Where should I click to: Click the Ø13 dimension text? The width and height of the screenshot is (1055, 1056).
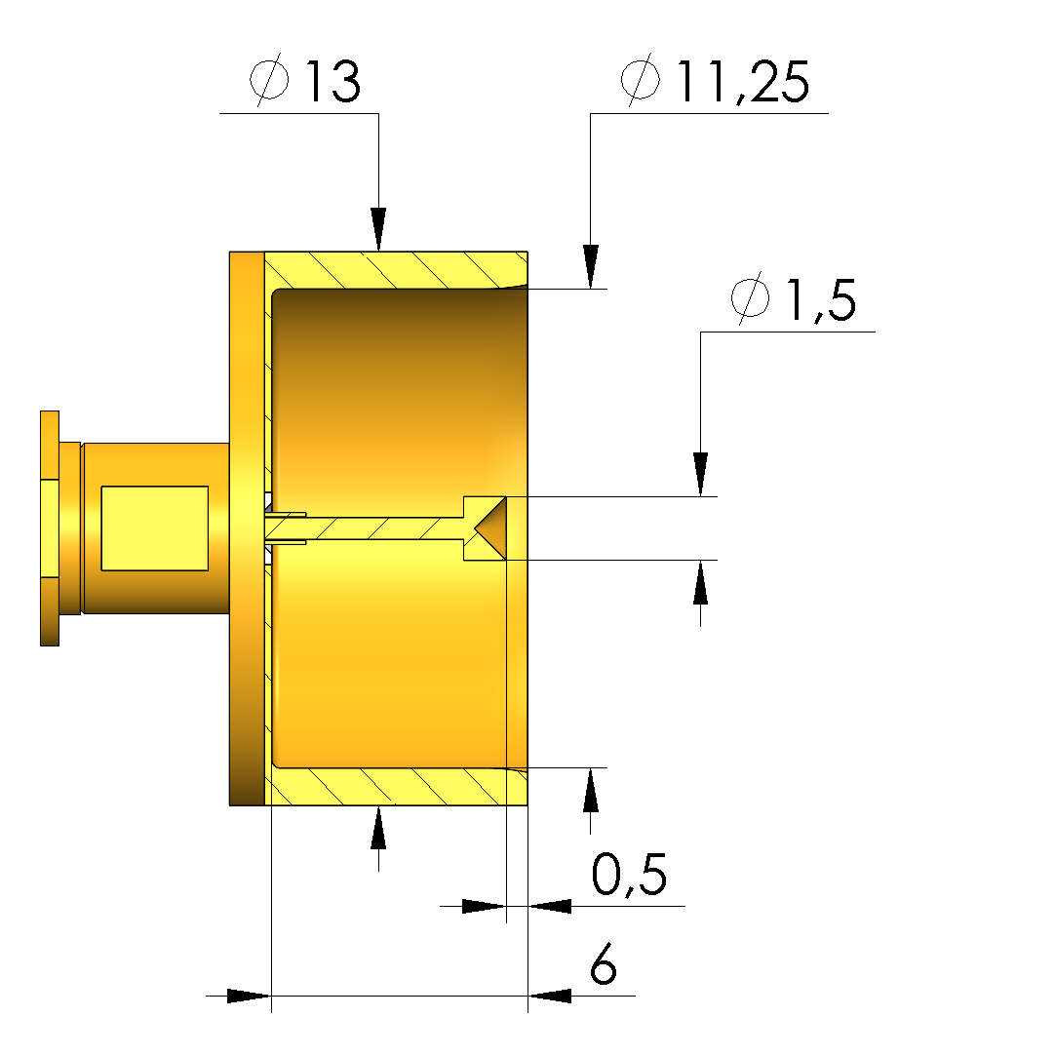pos(305,81)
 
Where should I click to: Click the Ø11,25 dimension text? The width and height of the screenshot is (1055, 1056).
pos(715,81)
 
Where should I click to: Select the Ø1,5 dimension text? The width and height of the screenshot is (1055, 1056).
pos(793,299)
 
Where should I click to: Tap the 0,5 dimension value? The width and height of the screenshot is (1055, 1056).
pos(629,875)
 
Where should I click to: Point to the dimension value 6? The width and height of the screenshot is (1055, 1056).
pos(604,963)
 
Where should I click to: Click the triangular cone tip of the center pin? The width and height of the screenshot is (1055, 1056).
pos(490,528)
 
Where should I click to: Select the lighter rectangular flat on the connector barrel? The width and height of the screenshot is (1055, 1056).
pos(154,528)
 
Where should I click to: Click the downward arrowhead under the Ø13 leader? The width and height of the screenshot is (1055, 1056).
pos(378,230)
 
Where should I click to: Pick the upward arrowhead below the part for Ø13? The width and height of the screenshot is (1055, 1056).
pos(378,827)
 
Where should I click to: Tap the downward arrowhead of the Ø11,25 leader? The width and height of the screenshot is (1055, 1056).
pos(591,267)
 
